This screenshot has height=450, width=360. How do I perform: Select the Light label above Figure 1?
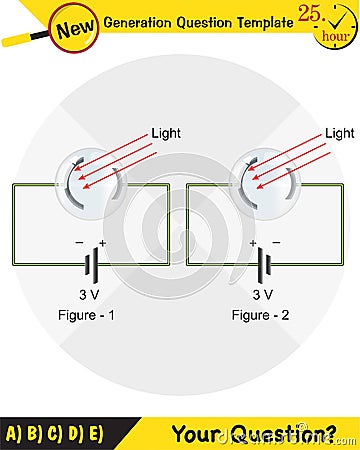166,132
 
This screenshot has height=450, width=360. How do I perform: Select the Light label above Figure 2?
340,132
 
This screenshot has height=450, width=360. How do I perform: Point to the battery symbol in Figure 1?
90,264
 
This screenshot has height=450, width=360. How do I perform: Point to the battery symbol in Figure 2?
263,264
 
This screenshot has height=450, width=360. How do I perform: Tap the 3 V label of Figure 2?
263,295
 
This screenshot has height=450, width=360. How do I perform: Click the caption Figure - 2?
262,316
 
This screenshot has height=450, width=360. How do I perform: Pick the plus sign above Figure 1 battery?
102,243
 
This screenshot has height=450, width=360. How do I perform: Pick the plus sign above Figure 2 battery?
253,243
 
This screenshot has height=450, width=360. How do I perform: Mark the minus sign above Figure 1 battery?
79,243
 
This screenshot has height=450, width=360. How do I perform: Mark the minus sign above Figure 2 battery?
276,243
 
